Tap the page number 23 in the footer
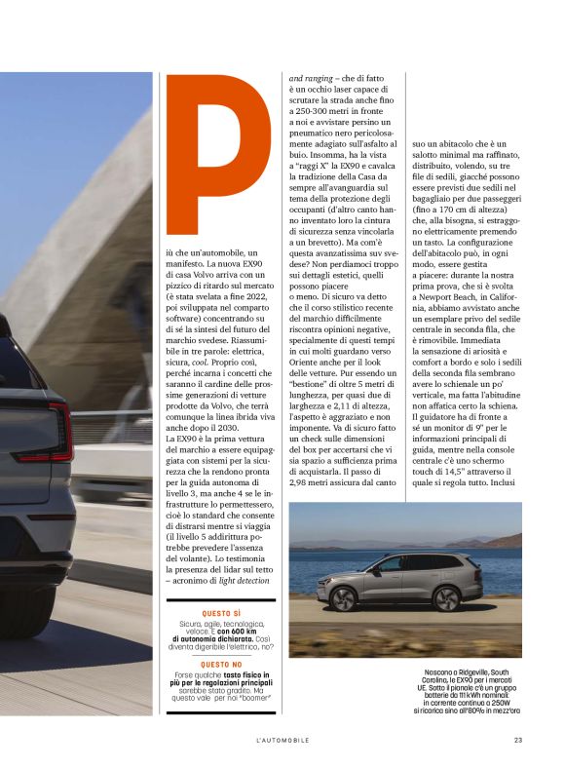click(518, 740)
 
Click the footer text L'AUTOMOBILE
click(282, 740)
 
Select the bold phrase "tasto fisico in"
click(231, 674)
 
